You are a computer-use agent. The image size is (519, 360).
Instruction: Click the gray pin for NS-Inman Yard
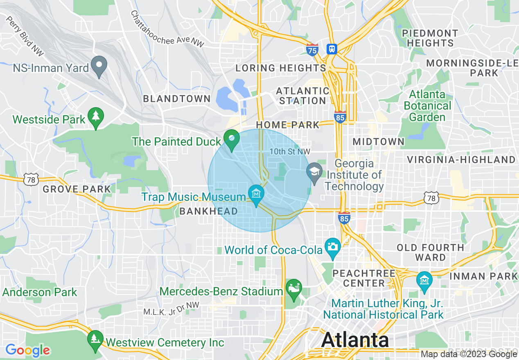[99, 66]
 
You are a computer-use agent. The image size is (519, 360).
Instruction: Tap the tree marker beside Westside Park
[96, 118]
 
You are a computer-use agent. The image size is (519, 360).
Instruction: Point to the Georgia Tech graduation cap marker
[314, 172]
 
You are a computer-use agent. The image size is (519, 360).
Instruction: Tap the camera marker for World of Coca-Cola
[333, 247]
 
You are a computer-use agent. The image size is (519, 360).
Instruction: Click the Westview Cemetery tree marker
[95, 340]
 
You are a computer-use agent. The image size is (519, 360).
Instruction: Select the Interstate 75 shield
[312, 50]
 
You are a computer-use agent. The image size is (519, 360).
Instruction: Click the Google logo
[27, 350]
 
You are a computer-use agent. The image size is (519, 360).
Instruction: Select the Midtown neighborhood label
[379, 142]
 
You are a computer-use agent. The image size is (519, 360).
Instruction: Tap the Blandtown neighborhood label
[176, 99]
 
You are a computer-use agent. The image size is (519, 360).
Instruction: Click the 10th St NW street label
[290, 152]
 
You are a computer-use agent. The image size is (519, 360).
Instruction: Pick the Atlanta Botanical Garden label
[427, 106]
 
